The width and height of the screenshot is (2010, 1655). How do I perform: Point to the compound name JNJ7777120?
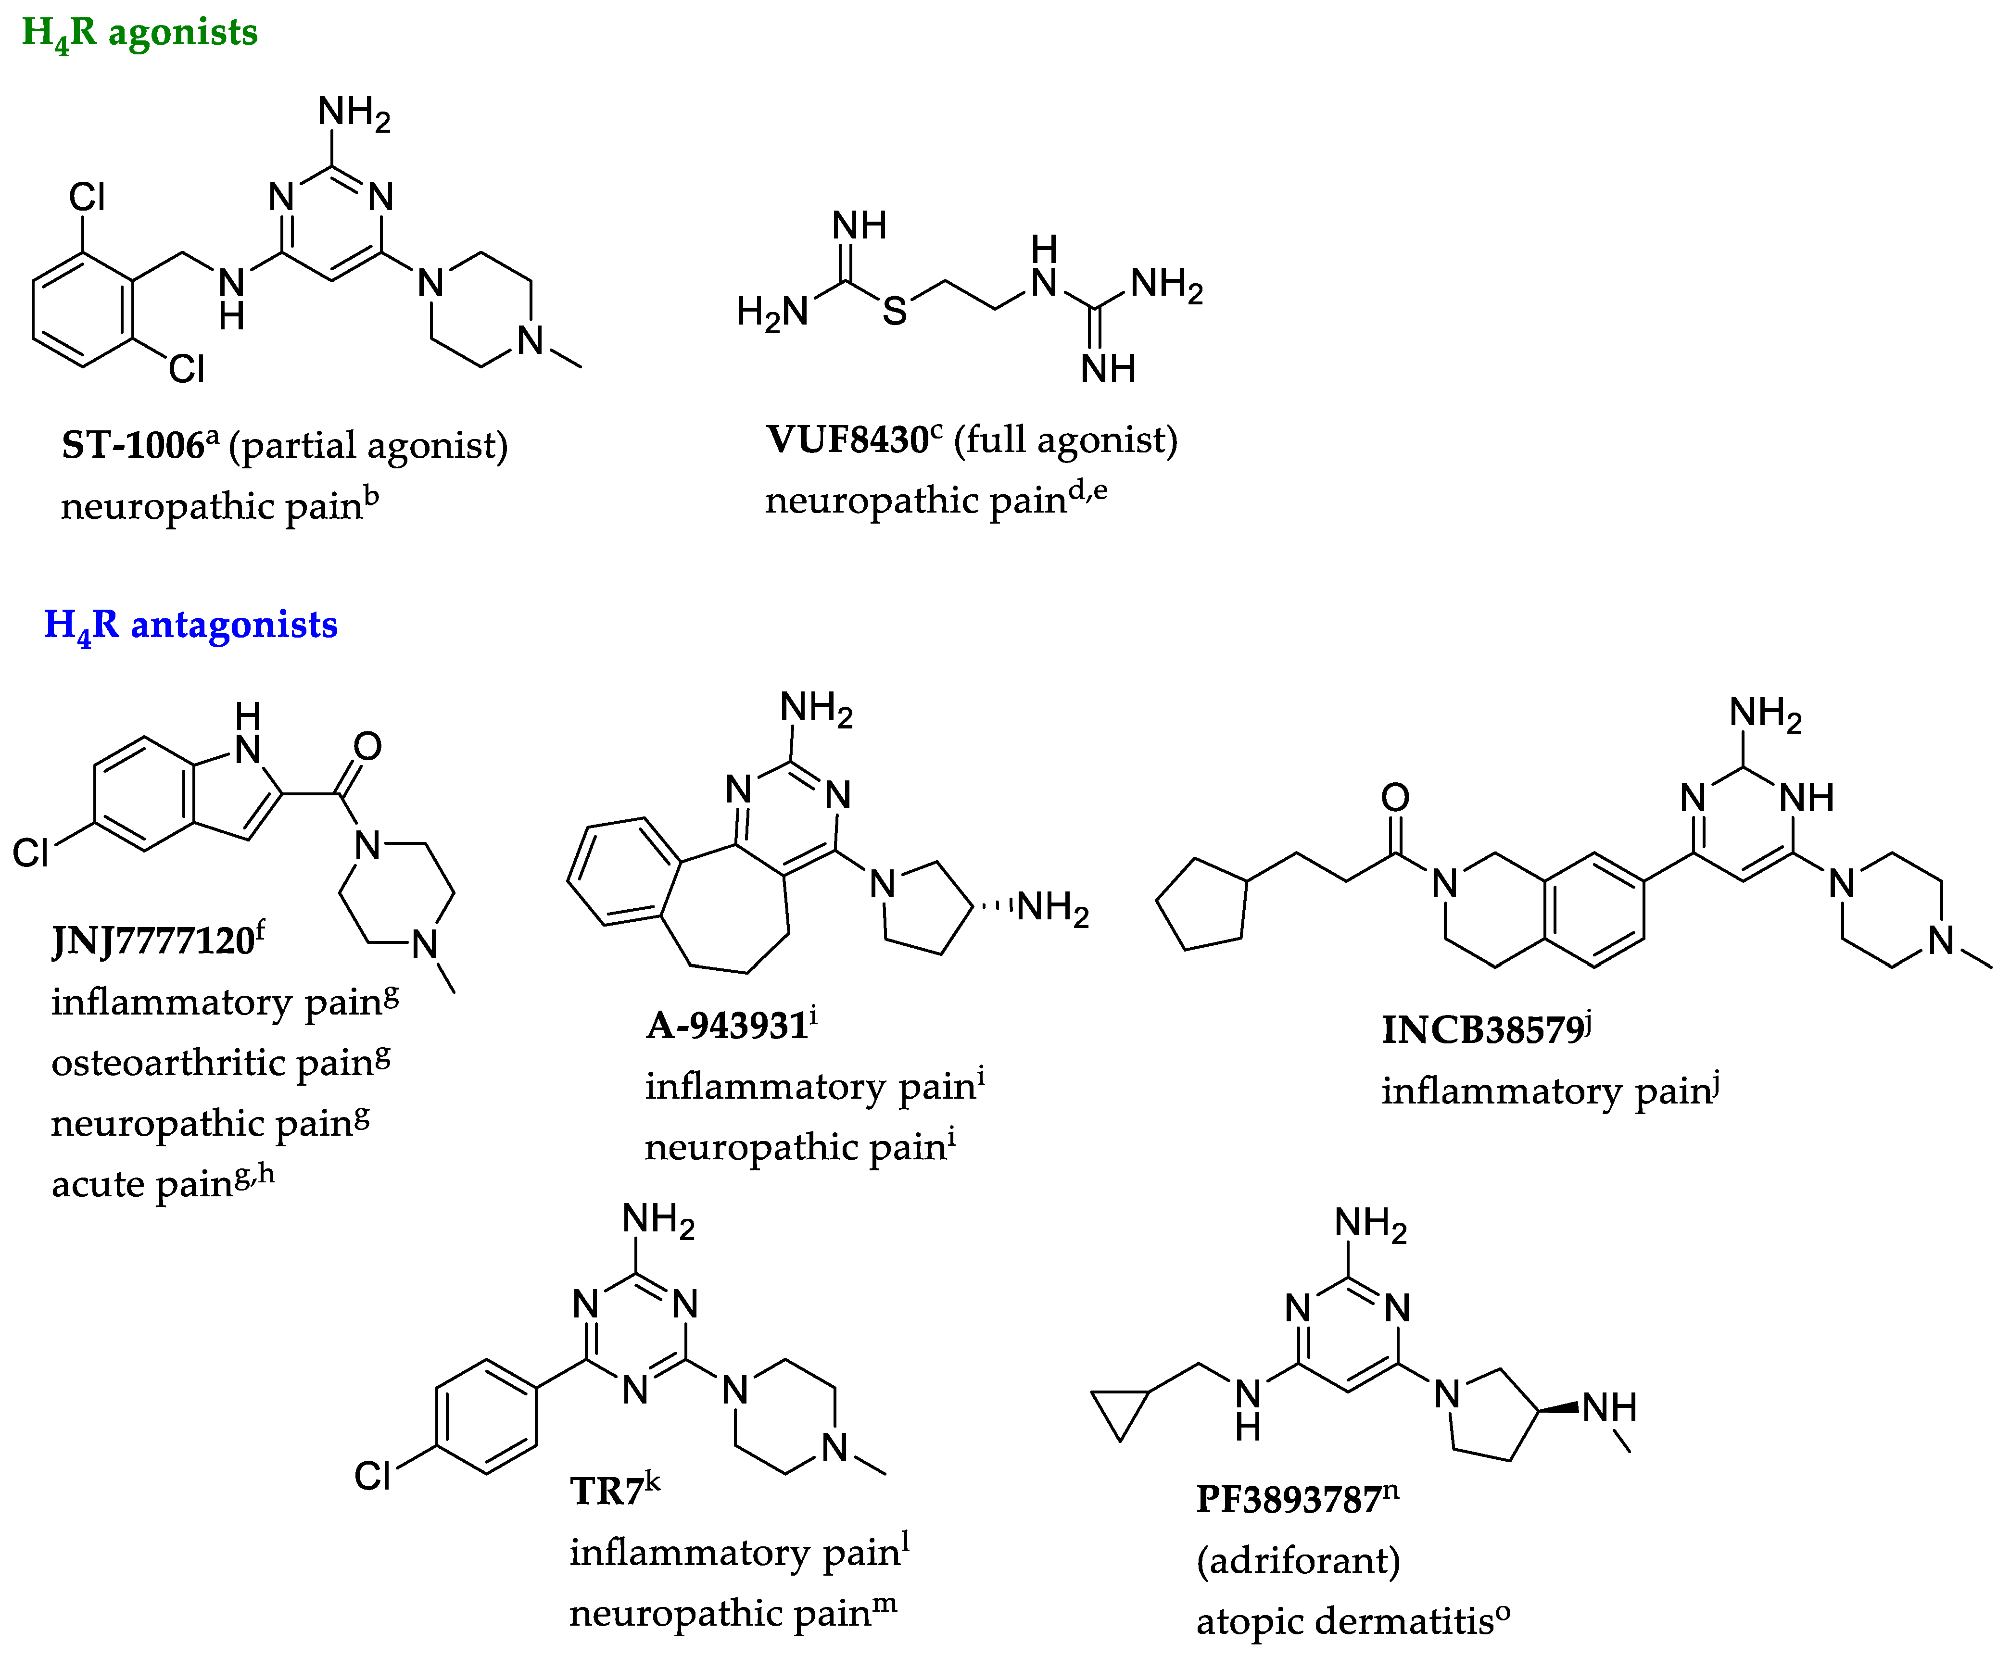[x=152, y=941]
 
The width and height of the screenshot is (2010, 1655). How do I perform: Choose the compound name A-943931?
[x=727, y=1026]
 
